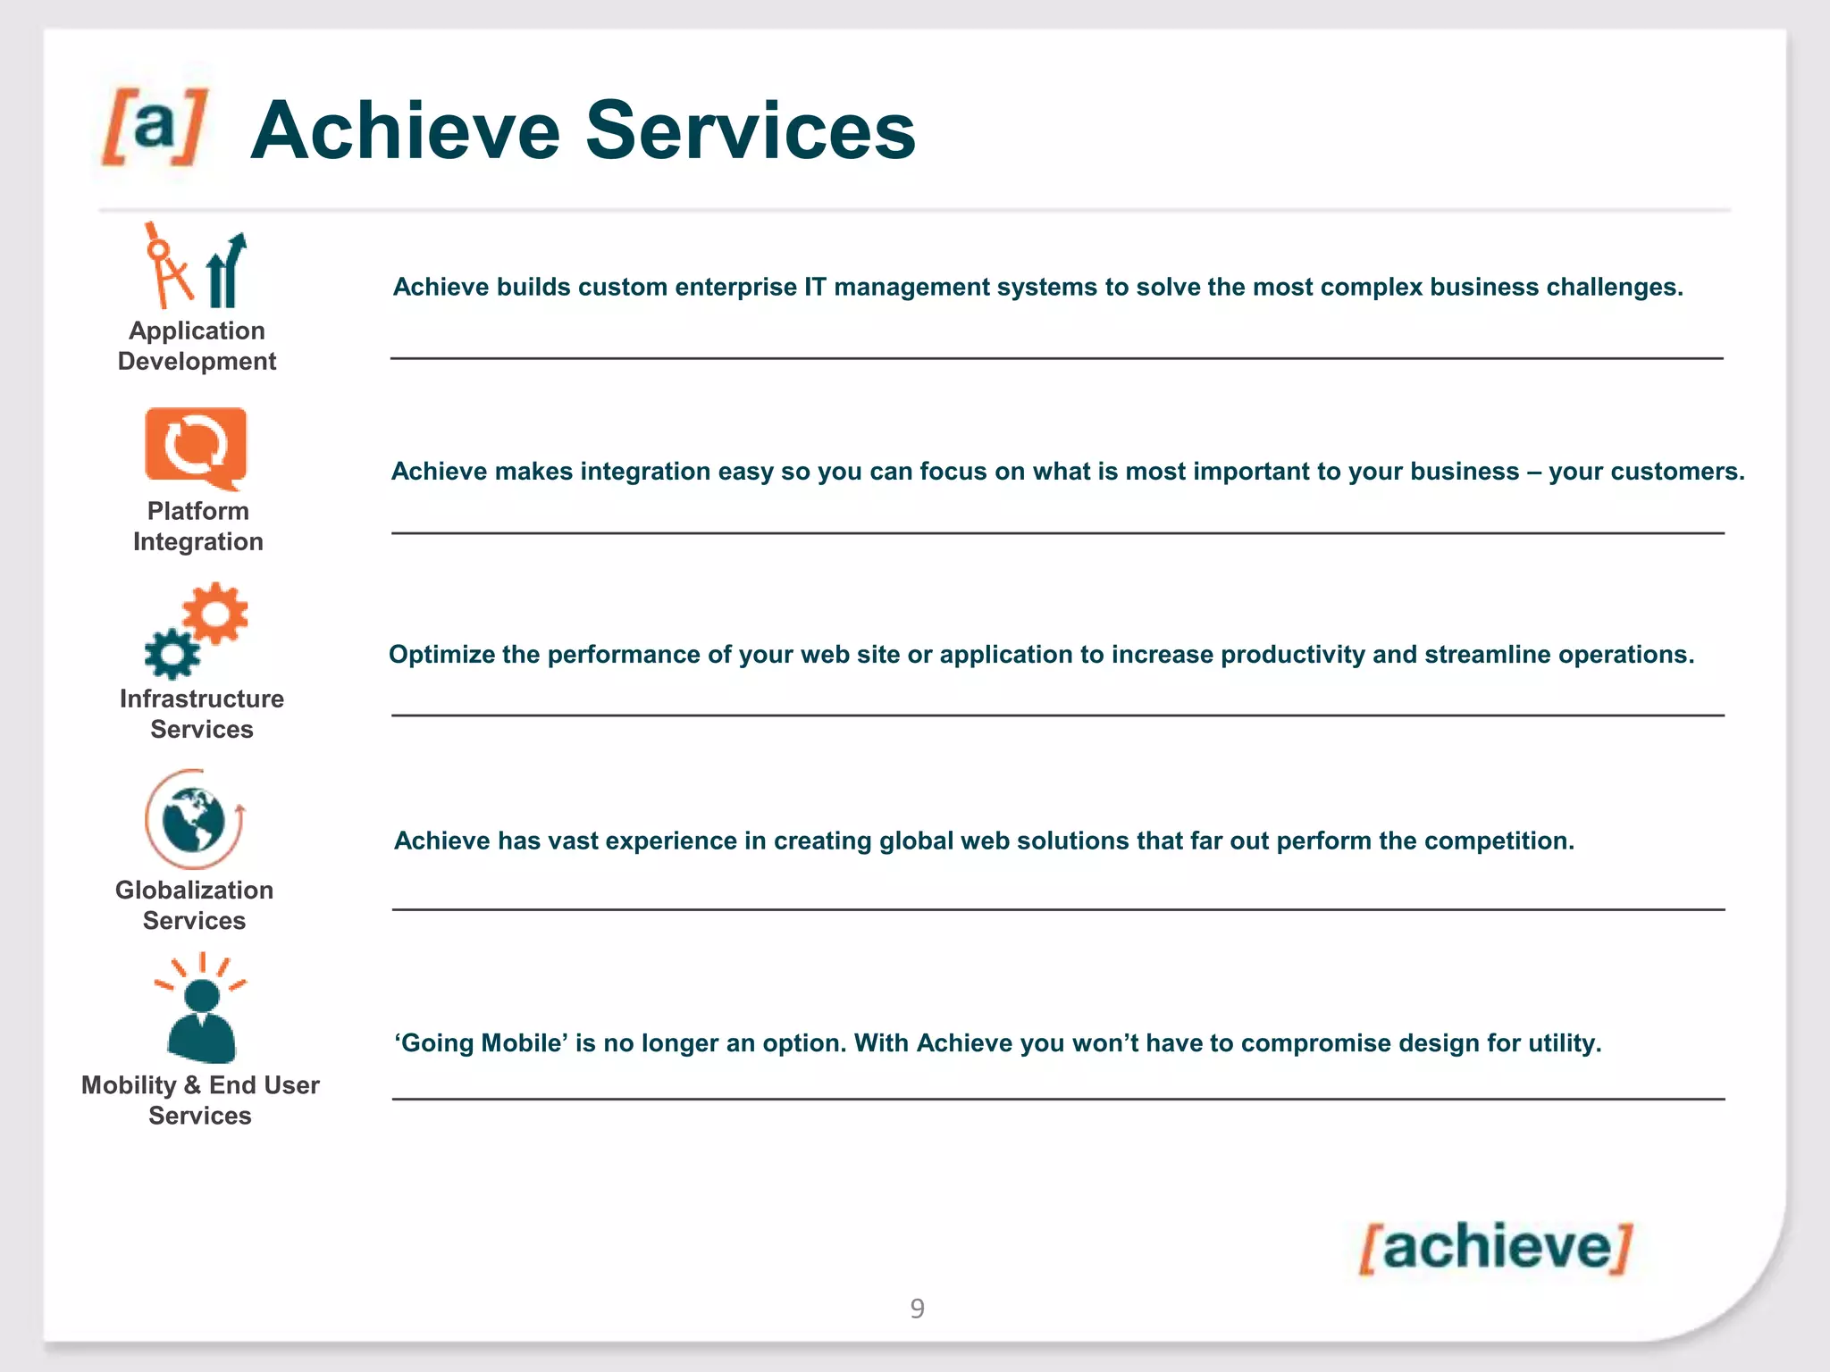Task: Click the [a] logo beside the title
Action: click(155, 127)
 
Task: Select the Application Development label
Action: click(197, 346)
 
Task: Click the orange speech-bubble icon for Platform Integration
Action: click(196, 447)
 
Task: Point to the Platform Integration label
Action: click(197, 526)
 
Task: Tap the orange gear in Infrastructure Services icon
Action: click(214, 613)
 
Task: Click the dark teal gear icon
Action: click(172, 654)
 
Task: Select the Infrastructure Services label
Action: click(202, 714)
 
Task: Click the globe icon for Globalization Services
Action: click(194, 819)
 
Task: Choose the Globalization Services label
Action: click(194, 905)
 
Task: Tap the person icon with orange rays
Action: click(202, 1014)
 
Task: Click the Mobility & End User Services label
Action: click(200, 1100)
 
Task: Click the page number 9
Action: click(917, 1309)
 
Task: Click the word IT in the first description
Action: click(814, 287)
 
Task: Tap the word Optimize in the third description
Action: click(441, 655)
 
